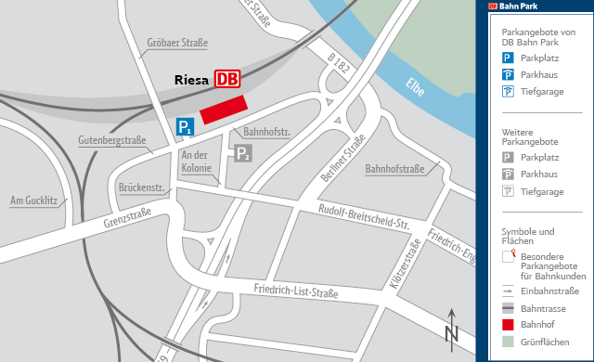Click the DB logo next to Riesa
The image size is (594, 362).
(x=226, y=79)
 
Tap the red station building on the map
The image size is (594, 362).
(x=223, y=109)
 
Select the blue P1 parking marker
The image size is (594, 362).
(x=186, y=127)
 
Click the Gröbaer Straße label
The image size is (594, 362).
(x=177, y=43)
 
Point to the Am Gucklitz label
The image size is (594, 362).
(x=33, y=200)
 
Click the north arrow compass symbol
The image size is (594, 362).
(x=451, y=329)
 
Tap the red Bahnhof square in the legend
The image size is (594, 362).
(x=508, y=325)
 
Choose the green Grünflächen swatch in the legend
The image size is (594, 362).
(x=508, y=342)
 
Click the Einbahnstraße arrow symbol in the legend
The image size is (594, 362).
(x=508, y=291)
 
